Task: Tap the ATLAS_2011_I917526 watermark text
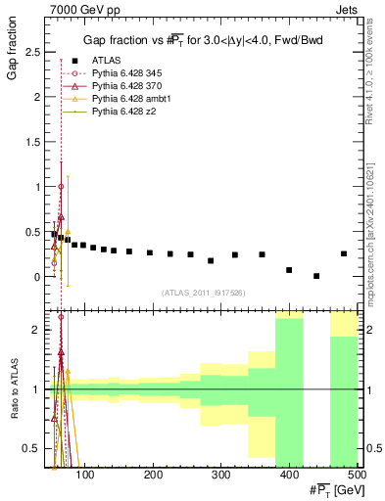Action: (203, 293)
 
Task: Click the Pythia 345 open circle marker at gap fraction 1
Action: (61, 186)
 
